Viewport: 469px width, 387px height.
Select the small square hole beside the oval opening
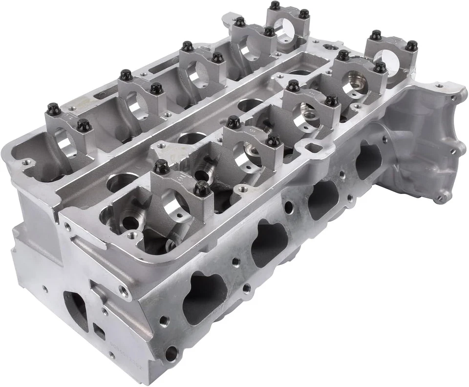[99, 332]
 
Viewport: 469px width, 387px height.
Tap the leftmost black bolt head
[54, 109]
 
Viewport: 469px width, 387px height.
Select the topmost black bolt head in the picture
[275, 5]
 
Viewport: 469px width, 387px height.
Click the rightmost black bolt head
[411, 45]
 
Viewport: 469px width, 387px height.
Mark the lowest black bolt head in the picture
[202, 188]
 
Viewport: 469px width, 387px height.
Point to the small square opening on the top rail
[311, 147]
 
